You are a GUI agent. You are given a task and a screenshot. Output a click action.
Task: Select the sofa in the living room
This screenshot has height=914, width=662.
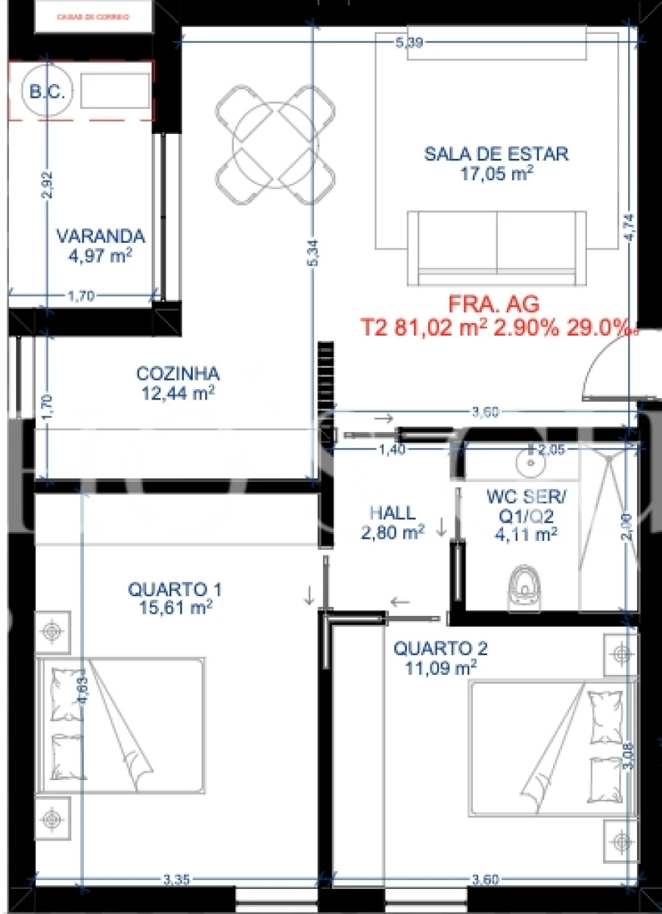pos(496,247)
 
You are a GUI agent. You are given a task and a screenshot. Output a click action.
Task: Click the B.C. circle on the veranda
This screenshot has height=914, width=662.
pos(47,92)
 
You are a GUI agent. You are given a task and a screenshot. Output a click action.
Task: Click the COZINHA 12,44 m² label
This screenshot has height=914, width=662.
pos(177,383)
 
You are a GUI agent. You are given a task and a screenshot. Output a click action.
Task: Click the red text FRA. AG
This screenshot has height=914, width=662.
pos(494,304)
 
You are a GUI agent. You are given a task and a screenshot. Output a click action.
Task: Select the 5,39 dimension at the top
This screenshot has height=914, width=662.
pos(408,43)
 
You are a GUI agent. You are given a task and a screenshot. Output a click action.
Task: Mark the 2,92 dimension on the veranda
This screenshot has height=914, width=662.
pos(48,185)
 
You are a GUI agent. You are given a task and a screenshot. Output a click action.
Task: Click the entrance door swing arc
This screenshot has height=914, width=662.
pos(599,375)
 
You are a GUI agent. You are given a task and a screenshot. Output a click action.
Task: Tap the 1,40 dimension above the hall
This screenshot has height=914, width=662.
pos(392,450)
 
